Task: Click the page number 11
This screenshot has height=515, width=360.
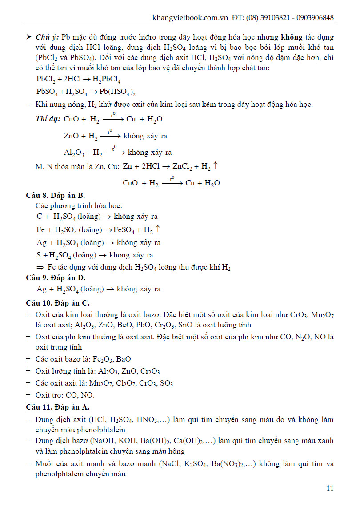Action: pos(330,488)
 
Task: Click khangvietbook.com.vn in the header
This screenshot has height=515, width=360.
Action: pos(190,18)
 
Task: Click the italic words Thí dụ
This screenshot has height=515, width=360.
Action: pos(48,119)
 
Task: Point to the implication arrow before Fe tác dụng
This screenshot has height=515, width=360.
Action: pos(40,267)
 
